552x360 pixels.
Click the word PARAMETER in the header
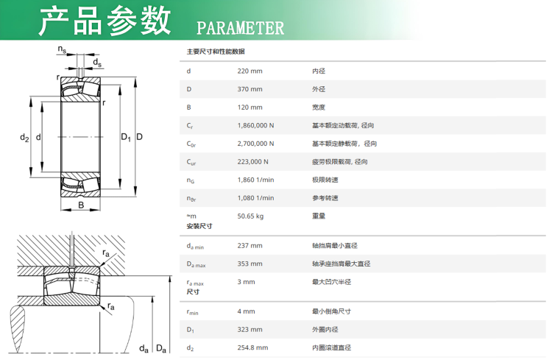pos(240,28)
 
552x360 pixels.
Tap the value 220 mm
pos(250,71)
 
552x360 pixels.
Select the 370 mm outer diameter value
pos(250,89)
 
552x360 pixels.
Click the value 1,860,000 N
pos(255,125)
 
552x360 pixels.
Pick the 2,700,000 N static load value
pos(255,144)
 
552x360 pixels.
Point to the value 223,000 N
pos(252,162)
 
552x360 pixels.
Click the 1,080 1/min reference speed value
pos(255,198)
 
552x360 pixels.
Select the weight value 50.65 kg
pos(250,216)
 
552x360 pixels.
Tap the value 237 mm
pos(250,245)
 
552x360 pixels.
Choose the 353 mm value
pos(250,264)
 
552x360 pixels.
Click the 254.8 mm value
pos(252,347)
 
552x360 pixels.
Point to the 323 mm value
pos(250,329)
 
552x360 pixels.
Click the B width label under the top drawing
pos(81,205)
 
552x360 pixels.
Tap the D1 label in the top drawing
pos(126,138)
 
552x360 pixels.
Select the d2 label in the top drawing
pos(24,138)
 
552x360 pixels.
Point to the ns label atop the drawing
pos(62,49)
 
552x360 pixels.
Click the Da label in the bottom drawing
pos(161,348)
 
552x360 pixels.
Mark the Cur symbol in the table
pos(191,162)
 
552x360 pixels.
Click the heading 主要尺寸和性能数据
pos(216,52)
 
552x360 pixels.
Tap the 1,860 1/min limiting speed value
pos(255,180)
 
